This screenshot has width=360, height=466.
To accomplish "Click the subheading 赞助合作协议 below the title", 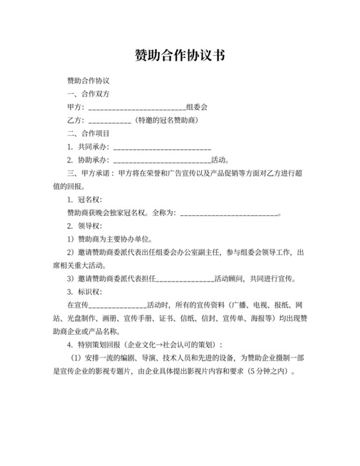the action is [x=89, y=82].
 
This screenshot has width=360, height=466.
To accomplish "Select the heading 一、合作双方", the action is [x=89, y=94].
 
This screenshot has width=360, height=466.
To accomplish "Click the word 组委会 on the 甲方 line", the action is [x=196, y=107].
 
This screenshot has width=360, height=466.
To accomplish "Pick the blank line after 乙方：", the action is [x=110, y=121].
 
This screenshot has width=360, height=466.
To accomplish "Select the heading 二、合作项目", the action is [x=89, y=134].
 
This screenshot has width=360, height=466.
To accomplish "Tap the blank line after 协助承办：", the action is [x=161, y=161].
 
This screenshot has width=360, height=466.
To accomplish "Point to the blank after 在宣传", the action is [x=118, y=306].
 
